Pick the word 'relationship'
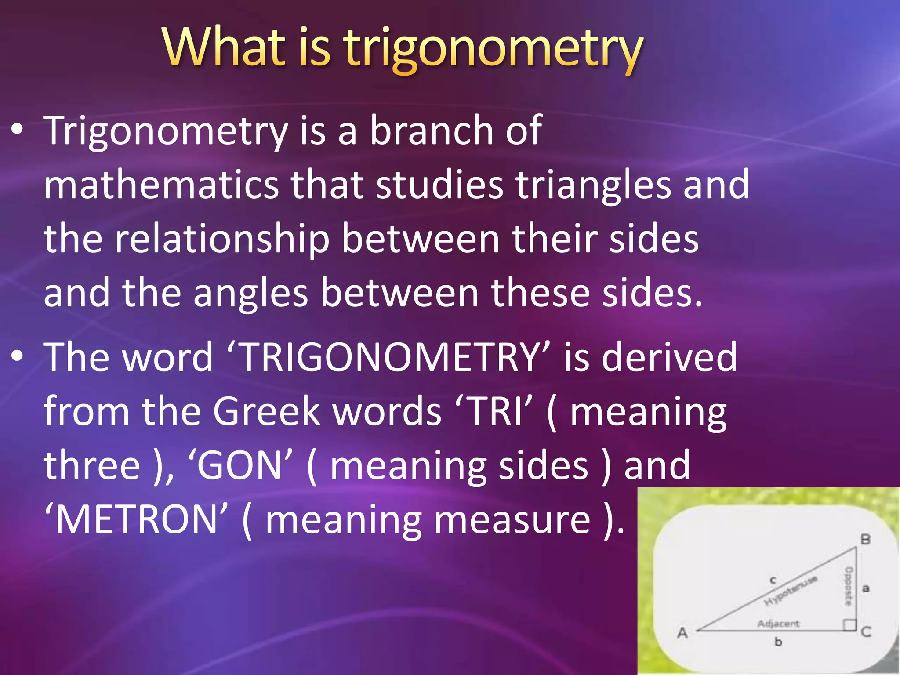coord(222,240)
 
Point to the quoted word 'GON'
coord(240,466)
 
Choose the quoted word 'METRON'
coord(137,520)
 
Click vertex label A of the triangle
coord(682,633)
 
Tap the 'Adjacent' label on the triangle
coord(779,623)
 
